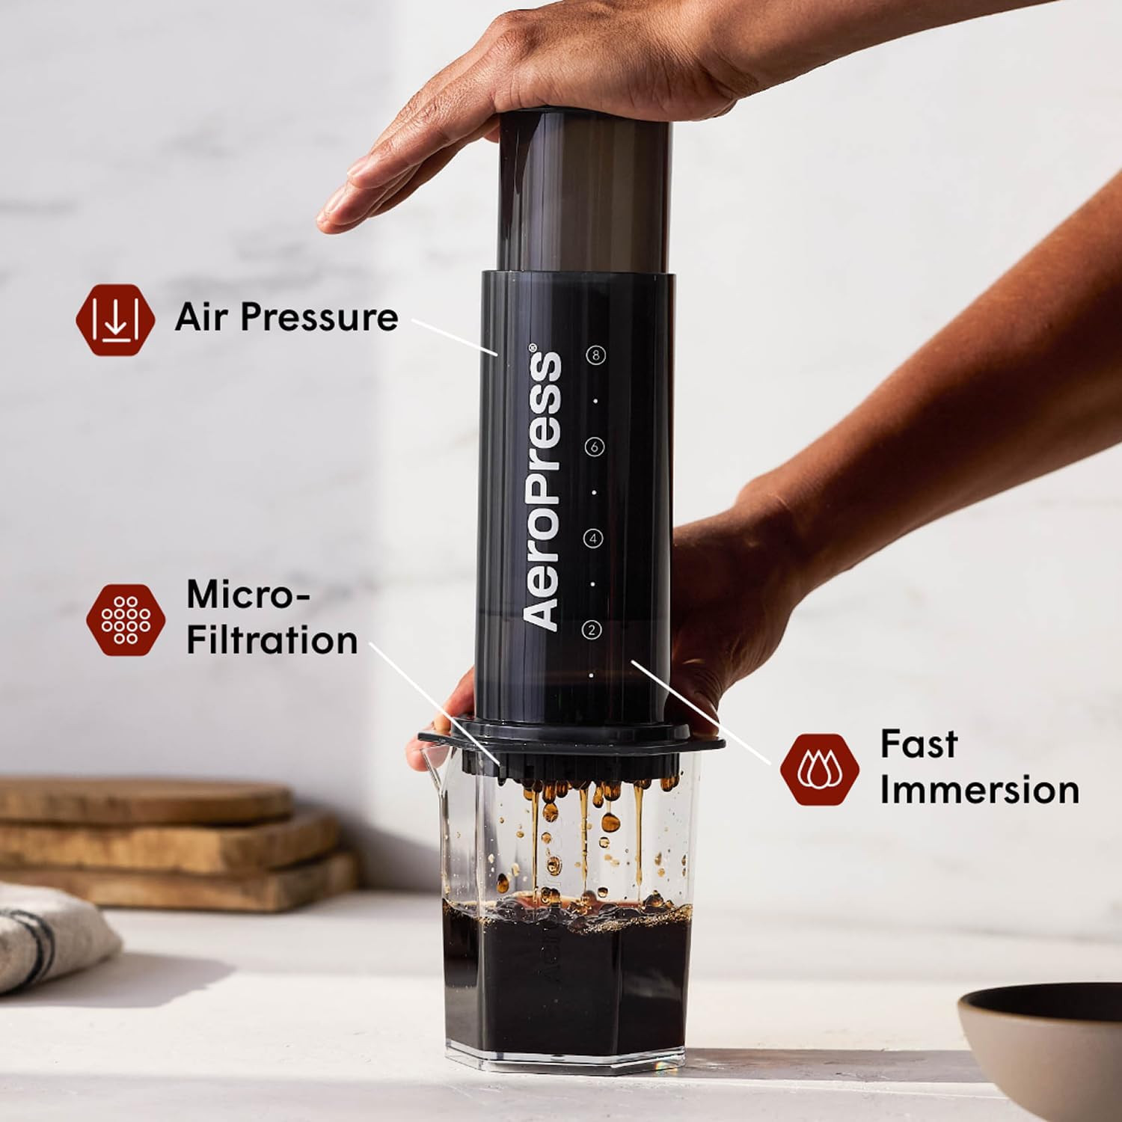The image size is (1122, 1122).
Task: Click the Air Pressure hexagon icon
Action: click(x=115, y=319)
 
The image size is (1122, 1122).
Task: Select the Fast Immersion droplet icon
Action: click(x=819, y=770)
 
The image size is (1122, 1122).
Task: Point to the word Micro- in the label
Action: click(x=248, y=595)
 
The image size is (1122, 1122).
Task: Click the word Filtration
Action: click(x=272, y=641)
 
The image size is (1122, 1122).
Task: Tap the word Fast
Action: click(x=918, y=744)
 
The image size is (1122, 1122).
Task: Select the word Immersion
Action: click(x=979, y=791)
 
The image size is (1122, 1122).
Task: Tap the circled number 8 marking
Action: click(x=595, y=355)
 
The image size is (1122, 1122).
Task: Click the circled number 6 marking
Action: click(x=595, y=447)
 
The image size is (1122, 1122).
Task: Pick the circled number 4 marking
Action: click(x=593, y=538)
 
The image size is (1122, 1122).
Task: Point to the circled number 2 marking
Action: click(x=592, y=630)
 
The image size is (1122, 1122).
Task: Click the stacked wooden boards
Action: click(x=172, y=838)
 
